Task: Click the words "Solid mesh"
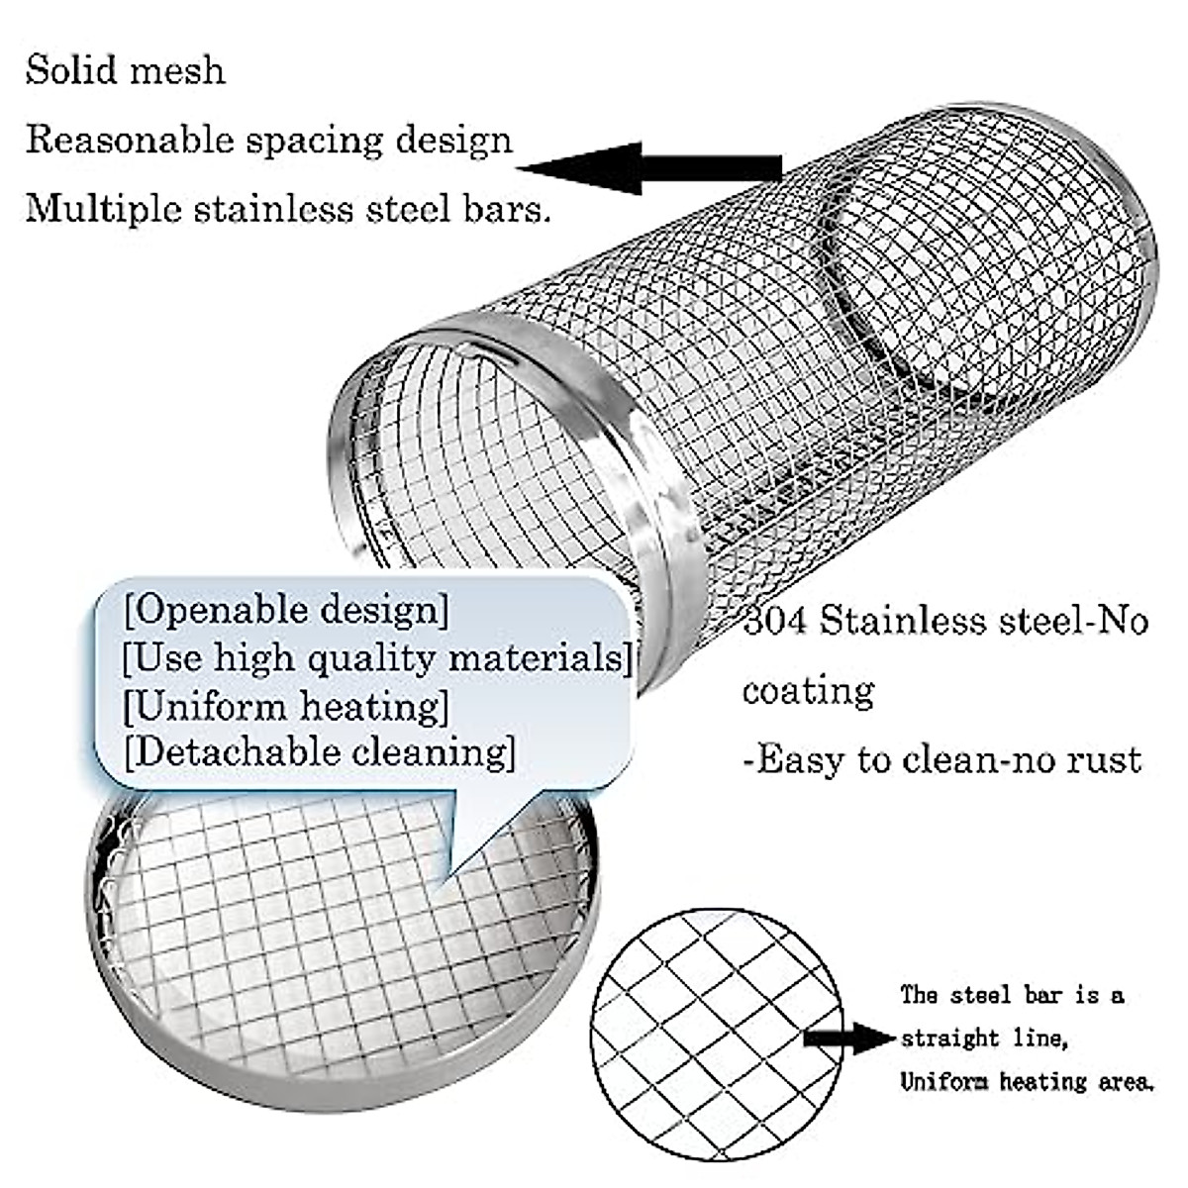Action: (x=125, y=70)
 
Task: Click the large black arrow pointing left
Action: (x=649, y=166)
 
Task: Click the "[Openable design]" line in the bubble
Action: (x=286, y=609)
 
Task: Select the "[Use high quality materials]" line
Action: (x=377, y=656)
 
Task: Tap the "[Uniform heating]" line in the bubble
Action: (x=286, y=706)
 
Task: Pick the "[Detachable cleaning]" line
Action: (x=319, y=751)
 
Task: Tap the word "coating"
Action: (x=808, y=690)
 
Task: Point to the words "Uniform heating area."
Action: (x=1027, y=1082)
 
